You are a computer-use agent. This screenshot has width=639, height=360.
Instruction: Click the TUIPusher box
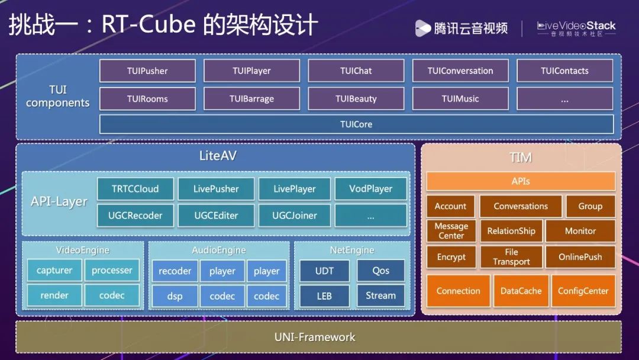click(x=147, y=71)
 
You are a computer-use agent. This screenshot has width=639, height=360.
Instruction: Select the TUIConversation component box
click(x=460, y=71)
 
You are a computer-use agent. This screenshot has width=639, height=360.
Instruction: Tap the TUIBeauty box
click(x=356, y=99)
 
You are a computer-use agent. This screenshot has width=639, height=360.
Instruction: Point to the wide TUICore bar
click(x=356, y=124)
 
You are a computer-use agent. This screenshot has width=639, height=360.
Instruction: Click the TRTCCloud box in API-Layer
click(x=135, y=189)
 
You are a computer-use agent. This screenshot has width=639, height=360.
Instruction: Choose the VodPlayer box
click(x=371, y=189)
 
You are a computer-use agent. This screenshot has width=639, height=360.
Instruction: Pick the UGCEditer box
click(x=216, y=216)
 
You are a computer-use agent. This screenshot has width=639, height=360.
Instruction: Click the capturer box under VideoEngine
click(x=54, y=271)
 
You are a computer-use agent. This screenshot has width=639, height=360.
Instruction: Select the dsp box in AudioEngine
click(x=175, y=296)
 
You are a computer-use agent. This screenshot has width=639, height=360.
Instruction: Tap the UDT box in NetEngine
click(x=324, y=271)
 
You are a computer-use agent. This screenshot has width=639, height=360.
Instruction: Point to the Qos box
click(x=381, y=271)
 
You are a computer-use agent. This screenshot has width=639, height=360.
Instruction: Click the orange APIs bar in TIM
click(x=521, y=181)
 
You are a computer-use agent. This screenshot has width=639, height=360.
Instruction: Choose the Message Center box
click(x=451, y=231)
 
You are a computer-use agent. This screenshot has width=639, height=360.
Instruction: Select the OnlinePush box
click(x=580, y=257)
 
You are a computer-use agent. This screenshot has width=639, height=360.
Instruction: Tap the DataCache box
click(x=521, y=291)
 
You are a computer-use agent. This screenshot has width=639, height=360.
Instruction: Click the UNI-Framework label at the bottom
click(x=315, y=337)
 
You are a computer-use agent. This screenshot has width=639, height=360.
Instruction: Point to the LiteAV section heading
click(x=218, y=156)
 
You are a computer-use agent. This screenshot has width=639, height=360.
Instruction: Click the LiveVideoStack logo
click(x=576, y=28)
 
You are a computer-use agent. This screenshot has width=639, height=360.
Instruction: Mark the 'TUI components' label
click(x=58, y=97)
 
